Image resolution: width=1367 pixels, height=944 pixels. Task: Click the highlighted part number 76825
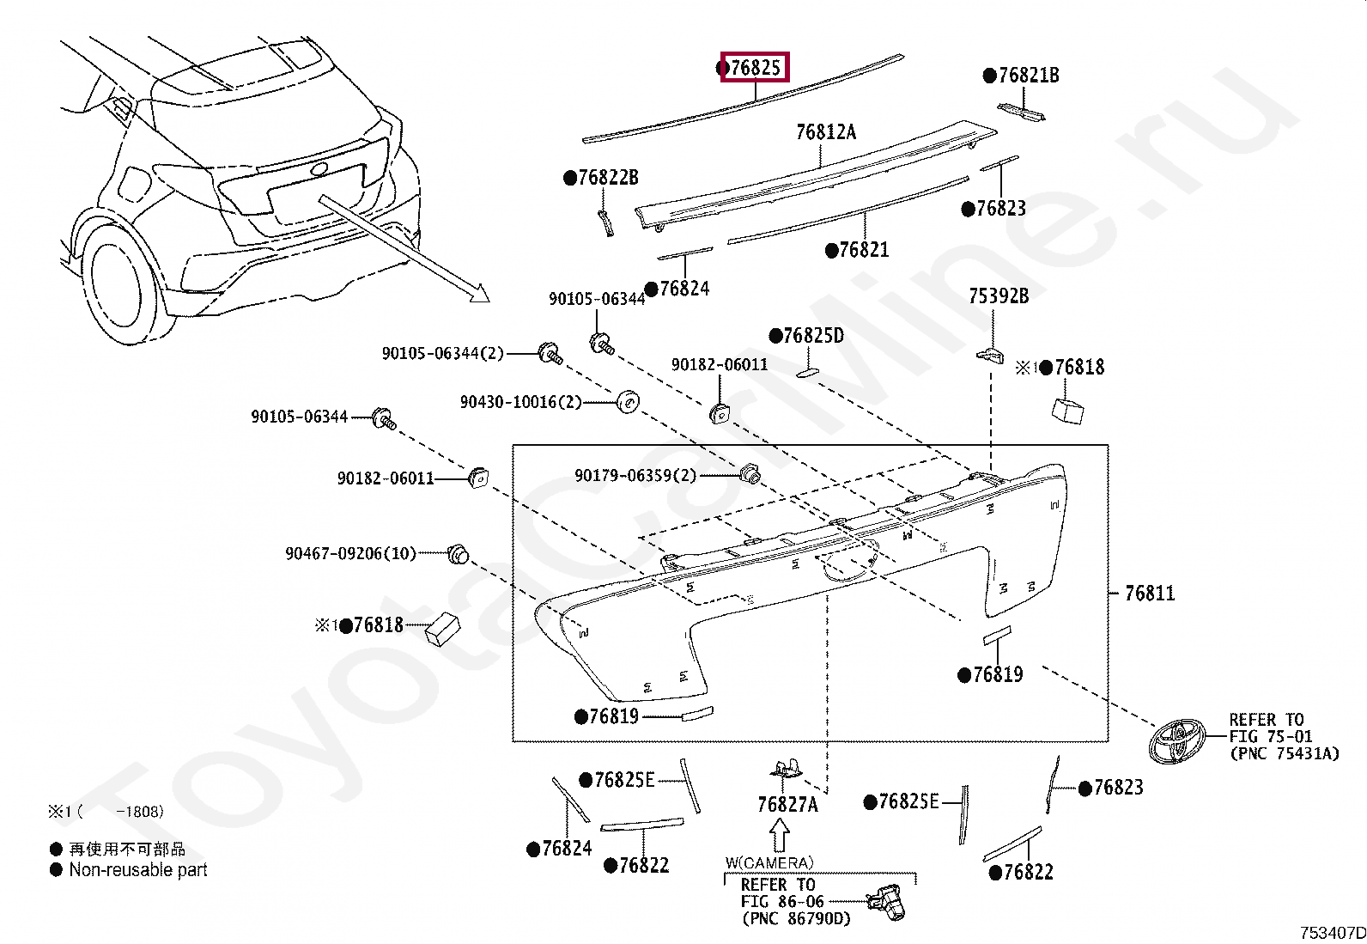click(755, 68)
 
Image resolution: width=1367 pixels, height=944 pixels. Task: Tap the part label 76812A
click(825, 131)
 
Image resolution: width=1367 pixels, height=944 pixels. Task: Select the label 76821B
click(1028, 76)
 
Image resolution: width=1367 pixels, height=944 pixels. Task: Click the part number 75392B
click(998, 296)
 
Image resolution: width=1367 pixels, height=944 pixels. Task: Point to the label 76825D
click(812, 336)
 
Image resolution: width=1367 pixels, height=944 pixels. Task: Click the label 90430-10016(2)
click(520, 402)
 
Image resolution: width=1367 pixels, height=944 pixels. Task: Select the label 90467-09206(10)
click(350, 554)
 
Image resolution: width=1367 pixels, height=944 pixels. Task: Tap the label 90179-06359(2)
click(635, 475)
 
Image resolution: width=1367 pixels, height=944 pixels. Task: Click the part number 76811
click(1149, 593)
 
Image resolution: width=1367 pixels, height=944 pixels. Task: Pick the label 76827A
click(787, 805)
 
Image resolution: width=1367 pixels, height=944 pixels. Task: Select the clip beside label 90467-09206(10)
click(459, 554)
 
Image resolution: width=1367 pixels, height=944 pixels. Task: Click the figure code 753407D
click(1331, 933)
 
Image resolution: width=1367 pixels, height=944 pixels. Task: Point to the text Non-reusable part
click(137, 870)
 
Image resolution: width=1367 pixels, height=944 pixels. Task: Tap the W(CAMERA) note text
click(769, 862)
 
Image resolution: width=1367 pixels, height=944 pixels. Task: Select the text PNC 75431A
click(1284, 753)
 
